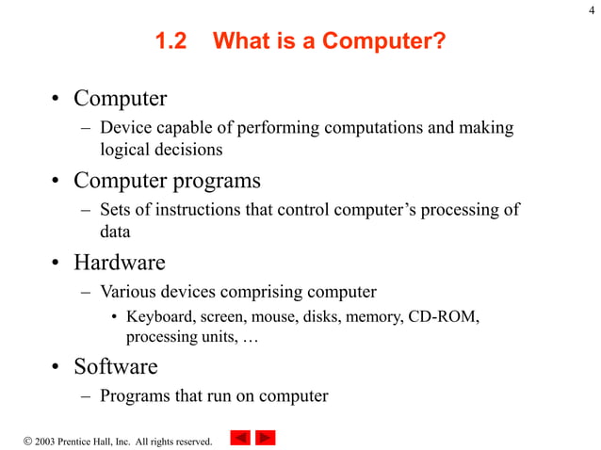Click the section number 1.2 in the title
(171, 42)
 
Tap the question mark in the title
(439, 42)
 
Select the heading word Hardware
(120, 262)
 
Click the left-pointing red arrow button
(241, 438)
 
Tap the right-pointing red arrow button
(266, 438)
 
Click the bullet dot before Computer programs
(57, 180)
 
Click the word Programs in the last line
(135, 395)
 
